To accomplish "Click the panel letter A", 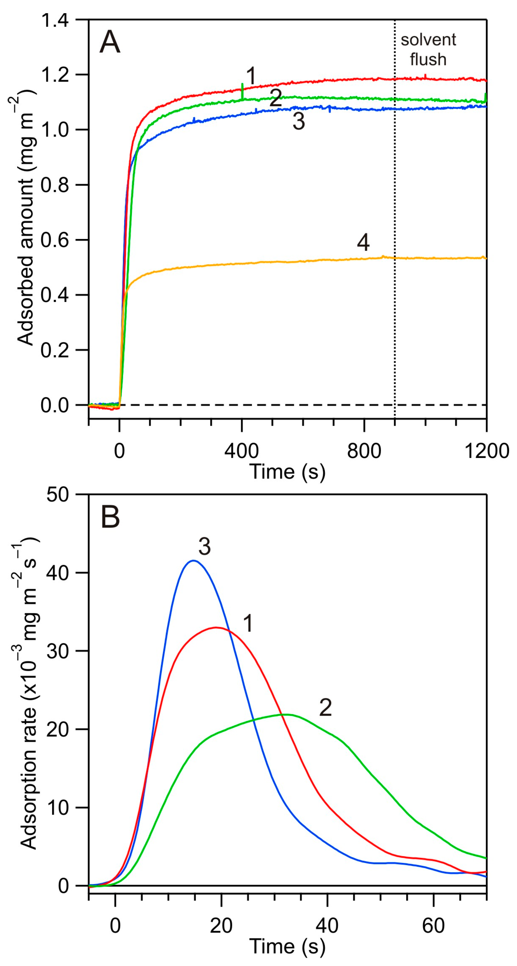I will tap(110, 42).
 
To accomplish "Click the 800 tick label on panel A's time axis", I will tap(364, 451).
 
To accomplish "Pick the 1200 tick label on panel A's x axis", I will tap(486, 451).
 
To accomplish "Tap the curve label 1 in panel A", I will tap(251, 76).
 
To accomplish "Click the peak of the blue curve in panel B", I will tap(193, 561).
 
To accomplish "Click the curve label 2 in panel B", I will tap(325, 708).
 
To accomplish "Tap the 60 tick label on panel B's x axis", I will tap(433, 925).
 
